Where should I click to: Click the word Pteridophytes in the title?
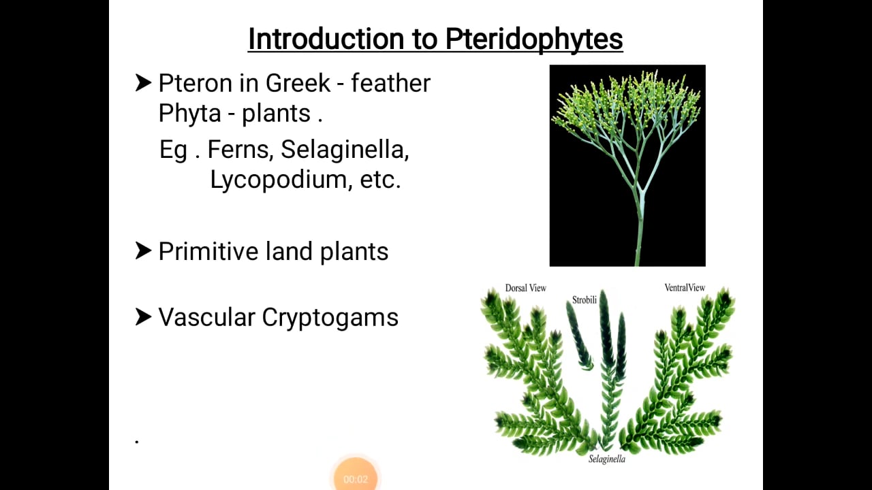click(x=534, y=39)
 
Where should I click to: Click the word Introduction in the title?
click(x=326, y=39)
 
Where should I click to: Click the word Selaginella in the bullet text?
click(x=344, y=150)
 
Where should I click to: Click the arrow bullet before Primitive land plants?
click(x=143, y=251)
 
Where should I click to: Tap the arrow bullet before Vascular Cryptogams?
click(x=143, y=316)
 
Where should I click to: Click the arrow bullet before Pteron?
click(x=143, y=83)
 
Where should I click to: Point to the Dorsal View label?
click(x=525, y=289)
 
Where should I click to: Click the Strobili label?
click(x=584, y=299)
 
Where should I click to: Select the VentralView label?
click(x=685, y=288)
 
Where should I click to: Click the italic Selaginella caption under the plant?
click(x=607, y=459)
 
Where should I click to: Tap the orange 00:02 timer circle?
click(x=356, y=476)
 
